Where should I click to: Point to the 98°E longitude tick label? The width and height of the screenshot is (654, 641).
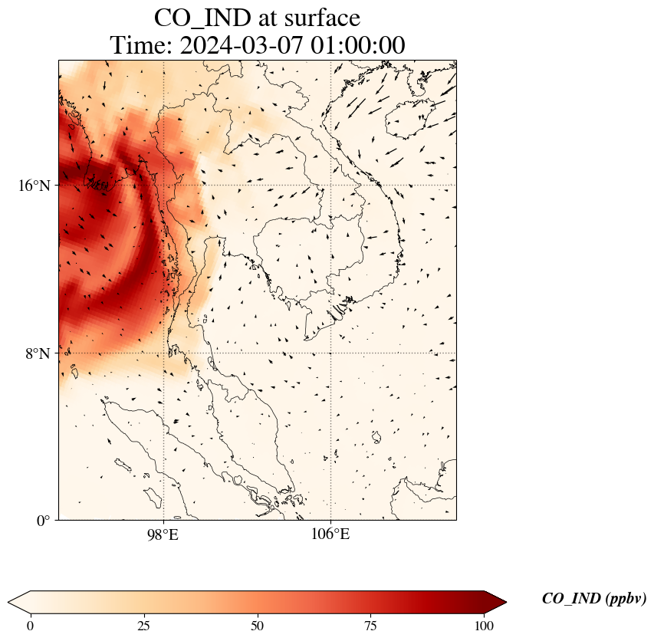[163, 534]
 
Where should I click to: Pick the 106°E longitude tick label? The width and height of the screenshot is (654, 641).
[330, 534]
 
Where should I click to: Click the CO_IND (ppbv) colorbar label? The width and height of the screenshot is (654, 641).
[593, 599]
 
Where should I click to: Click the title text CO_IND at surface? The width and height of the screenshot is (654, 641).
[257, 18]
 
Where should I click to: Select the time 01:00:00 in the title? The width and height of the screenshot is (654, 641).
[357, 45]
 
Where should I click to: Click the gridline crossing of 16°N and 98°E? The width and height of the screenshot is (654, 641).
[163, 186]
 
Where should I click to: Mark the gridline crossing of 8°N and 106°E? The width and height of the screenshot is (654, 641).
[330, 353]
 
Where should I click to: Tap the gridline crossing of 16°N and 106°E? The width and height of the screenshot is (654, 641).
[330, 186]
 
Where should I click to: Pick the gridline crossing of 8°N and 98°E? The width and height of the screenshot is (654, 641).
[163, 353]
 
